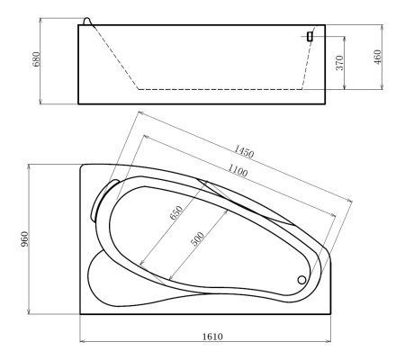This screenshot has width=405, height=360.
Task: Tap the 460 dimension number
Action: (x=378, y=57)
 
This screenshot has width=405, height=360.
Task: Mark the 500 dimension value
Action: (x=196, y=239)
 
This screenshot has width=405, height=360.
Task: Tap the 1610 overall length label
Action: (x=212, y=337)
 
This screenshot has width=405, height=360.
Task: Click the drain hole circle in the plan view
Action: (x=301, y=279)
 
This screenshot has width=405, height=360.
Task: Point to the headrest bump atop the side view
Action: (x=86, y=20)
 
